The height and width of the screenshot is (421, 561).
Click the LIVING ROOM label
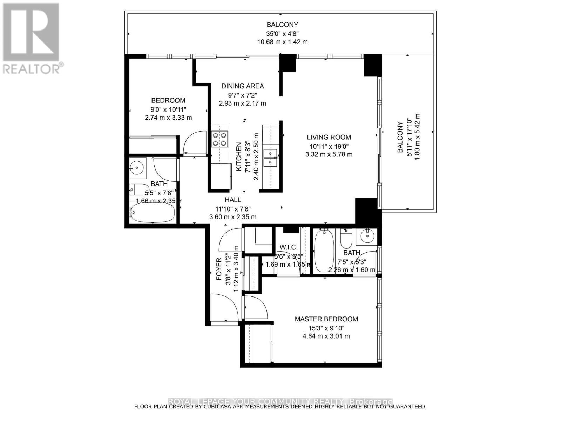tap(329, 137)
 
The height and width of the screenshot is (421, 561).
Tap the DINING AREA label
tap(242, 86)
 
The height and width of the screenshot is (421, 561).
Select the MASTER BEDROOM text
tap(326, 319)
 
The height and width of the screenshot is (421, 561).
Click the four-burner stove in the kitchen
tap(219, 139)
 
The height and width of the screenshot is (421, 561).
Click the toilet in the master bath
tap(346, 238)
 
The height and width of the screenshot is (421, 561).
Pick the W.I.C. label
tap(288, 247)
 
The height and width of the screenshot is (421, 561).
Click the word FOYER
tap(219, 269)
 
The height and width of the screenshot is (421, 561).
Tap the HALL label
tap(233, 200)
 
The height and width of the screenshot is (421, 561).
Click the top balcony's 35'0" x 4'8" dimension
tap(282, 34)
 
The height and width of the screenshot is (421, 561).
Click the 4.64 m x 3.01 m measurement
tap(326, 336)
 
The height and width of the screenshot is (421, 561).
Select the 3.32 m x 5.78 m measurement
tap(329, 154)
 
